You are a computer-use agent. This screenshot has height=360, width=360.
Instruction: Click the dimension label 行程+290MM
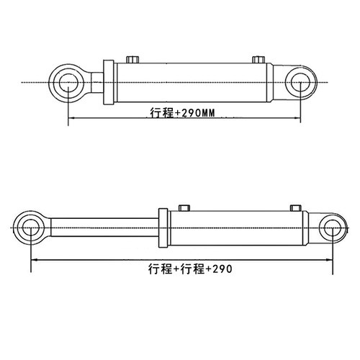[x=182, y=112]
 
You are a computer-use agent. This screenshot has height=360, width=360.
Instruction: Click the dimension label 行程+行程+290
[x=190, y=269]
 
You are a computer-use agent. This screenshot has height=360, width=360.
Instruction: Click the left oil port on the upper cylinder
[x=132, y=59]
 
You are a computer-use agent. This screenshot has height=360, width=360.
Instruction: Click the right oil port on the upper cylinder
[x=258, y=59]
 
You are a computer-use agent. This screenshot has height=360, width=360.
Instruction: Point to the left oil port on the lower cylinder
[x=184, y=208]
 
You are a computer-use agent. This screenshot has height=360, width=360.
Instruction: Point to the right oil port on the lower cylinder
[x=296, y=208]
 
